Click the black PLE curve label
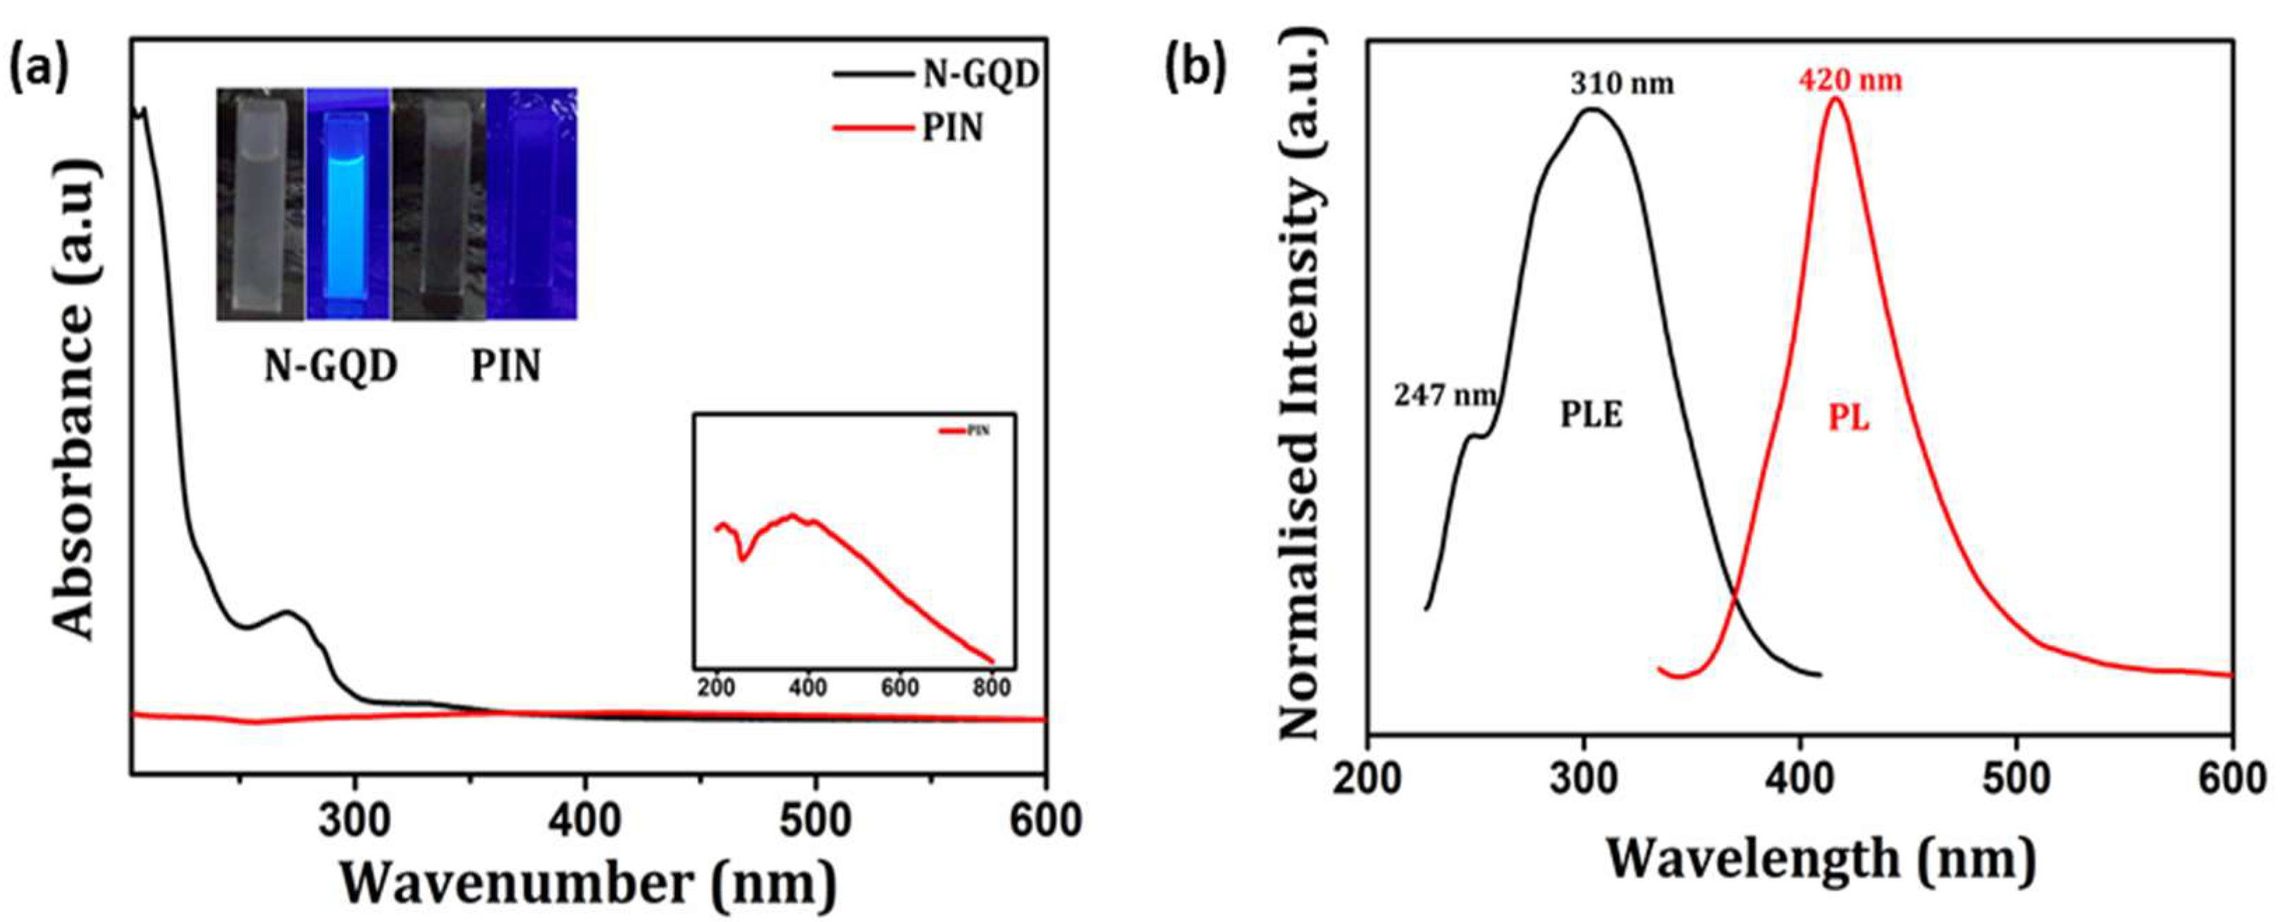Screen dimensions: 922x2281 [1592, 414]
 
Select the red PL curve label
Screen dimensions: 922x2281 [1849, 418]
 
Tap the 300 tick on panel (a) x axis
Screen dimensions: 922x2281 [355, 822]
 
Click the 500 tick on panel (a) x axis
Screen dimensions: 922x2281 [815, 822]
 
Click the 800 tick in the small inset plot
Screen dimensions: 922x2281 [992, 687]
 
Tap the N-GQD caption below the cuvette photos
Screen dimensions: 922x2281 [330, 365]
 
